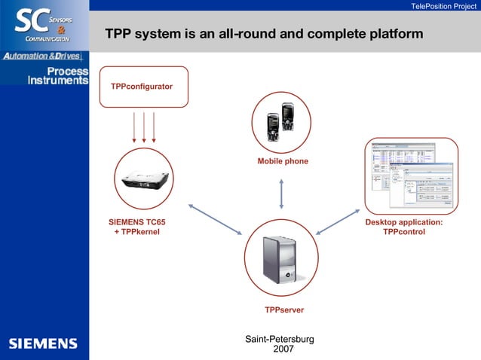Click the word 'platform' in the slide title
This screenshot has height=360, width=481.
tap(391, 35)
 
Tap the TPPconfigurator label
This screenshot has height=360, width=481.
tap(142, 87)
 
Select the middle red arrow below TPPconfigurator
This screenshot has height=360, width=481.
tap(144, 127)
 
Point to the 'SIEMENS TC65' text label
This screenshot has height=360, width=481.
tap(137, 222)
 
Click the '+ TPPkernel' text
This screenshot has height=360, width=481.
tap(137, 232)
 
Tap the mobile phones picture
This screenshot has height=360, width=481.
tap(280, 122)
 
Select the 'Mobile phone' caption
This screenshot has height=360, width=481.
tap(283, 161)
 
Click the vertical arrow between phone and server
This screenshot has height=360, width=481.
tap(281, 194)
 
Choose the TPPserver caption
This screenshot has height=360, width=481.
tap(284, 310)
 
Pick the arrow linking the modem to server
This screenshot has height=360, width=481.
tap(214, 219)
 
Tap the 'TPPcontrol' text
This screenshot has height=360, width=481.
tap(404, 232)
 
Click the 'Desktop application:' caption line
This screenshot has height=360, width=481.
tap(404, 222)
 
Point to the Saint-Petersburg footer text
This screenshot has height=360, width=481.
tap(280, 340)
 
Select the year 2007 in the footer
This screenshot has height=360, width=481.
tap(283, 349)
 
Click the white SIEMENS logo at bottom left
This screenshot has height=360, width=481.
tap(43, 343)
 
